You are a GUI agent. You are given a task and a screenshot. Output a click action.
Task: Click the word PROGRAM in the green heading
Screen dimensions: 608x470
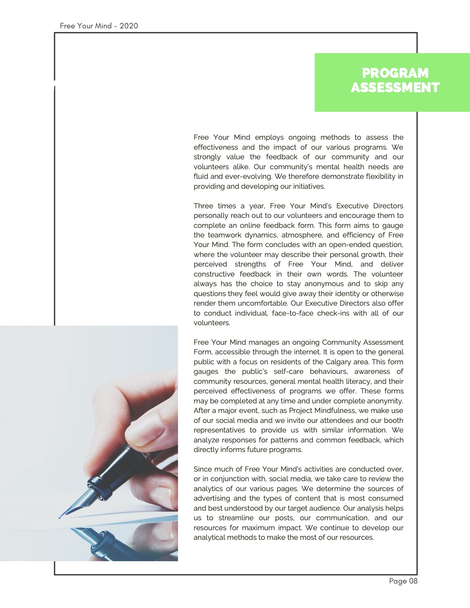[395, 73]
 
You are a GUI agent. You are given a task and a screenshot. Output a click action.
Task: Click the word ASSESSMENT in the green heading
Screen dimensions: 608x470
[395, 88]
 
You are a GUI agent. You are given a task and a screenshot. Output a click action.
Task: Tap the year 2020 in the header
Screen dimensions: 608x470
[129, 26]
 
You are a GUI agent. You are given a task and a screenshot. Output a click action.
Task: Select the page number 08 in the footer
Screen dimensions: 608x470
[413, 581]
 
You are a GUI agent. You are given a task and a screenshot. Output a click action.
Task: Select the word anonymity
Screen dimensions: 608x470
[384, 401]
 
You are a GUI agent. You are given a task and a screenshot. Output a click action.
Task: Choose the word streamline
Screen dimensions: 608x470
[236, 518]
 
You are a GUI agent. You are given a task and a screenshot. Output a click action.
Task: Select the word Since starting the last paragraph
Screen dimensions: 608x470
[202, 469]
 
